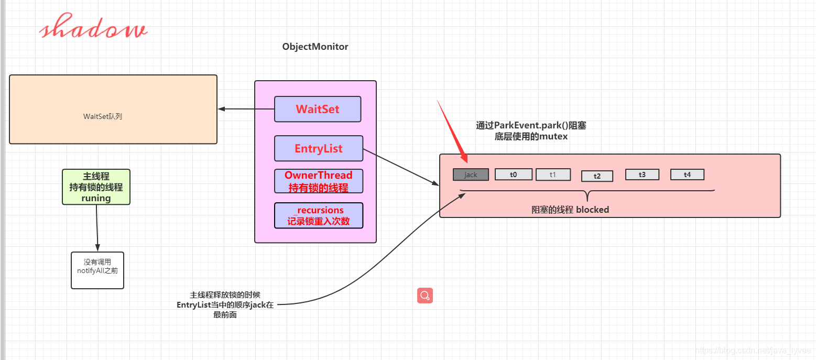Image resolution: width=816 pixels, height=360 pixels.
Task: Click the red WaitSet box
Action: coord(318,109)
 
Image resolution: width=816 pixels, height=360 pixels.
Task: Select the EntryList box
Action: coord(319,148)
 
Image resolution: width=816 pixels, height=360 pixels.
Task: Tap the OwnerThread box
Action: coord(319,181)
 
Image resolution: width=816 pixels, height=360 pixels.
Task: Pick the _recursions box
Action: coord(319,215)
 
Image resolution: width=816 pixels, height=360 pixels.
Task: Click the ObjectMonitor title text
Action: coord(315,47)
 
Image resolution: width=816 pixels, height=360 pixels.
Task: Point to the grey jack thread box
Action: coord(471,174)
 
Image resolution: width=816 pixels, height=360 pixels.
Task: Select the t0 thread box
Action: coord(513,174)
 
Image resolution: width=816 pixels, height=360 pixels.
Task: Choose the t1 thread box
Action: coord(553,174)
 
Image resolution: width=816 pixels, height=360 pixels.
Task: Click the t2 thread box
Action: coord(597,176)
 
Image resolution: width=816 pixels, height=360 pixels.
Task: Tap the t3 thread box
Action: coord(642,174)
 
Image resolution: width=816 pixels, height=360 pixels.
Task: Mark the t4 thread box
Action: coord(688,174)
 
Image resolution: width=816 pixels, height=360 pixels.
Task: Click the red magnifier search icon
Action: coord(425,296)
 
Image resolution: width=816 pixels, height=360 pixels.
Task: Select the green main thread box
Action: coord(96,187)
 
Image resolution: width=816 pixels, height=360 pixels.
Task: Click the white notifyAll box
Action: coord(97,270)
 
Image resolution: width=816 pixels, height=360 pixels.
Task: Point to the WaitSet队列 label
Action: coord(103,117)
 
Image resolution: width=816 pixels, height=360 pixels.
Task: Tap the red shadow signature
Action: coord(93,27)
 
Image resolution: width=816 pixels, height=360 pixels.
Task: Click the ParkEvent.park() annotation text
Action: coord(531,131)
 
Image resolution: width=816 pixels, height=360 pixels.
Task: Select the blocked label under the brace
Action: coord(570,210)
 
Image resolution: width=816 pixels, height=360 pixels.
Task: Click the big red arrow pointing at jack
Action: coord(452,131)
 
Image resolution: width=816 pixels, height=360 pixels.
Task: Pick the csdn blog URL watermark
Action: coord(753,351)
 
